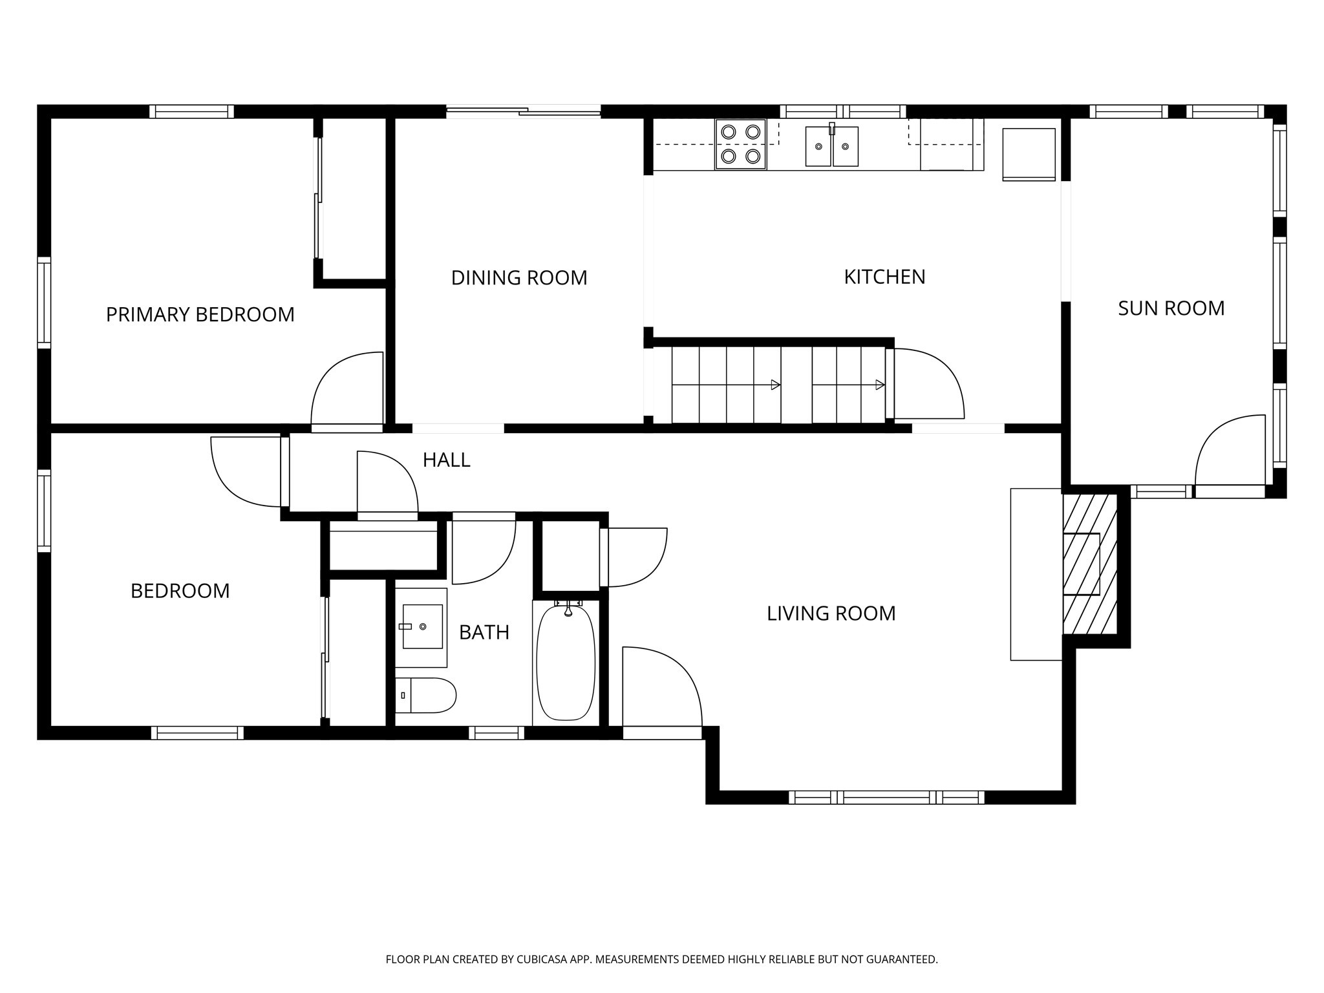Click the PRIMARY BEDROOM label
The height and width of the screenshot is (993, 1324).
coord(200,315)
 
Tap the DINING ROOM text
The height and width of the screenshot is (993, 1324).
coord(518,278)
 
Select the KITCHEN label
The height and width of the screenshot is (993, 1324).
coord(884,277)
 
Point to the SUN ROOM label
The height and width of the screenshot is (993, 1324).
coord(1171,308)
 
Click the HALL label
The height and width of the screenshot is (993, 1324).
coord(446,460)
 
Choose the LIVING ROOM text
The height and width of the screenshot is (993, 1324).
coord(831,614)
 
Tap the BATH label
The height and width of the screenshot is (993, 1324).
coord(484,632)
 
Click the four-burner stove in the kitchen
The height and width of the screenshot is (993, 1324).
coord(740,144)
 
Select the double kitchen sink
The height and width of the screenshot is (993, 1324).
coord(831,147)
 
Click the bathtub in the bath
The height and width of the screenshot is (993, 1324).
coord(566,663)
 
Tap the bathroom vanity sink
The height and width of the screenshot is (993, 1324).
coord(422,626)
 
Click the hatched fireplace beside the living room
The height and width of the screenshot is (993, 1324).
coord(1090,564)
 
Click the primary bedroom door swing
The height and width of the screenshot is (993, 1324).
coord(347,390)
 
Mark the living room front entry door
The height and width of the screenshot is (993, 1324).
coord(661,687)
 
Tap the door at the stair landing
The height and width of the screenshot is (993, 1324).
coord(928,384)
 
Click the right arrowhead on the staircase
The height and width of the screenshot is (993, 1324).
coord(880,385)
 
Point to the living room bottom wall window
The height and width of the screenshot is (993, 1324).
coord(886,798)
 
